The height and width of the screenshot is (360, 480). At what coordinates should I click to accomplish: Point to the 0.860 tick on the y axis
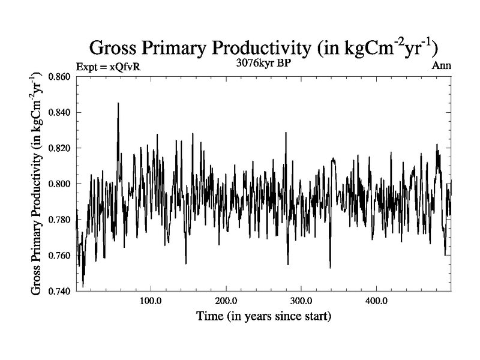[x=59, y=77]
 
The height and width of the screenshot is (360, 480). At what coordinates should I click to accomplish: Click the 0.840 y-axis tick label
[x=59, y=112]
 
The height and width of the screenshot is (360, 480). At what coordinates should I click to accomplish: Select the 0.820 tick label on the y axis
[x=59, y=148]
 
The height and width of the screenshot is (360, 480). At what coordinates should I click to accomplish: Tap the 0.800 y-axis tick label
[x=59, y=184]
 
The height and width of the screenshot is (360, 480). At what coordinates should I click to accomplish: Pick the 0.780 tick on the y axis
[x=59, y=220]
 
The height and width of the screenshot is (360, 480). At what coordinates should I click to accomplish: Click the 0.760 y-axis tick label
[x=59, y=256]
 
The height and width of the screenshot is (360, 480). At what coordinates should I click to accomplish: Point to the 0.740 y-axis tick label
[x=59, y=291]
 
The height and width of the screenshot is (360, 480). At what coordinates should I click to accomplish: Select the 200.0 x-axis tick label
[x=226, y=300]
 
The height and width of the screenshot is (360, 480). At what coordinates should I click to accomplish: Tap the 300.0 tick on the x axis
[x=301, y=300]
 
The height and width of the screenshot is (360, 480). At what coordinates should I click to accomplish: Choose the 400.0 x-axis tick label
[x=376, y=300]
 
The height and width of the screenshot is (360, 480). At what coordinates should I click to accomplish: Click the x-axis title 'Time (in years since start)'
[x=264, y=316]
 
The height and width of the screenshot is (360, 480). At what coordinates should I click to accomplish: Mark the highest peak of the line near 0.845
[x=118, y=103]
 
